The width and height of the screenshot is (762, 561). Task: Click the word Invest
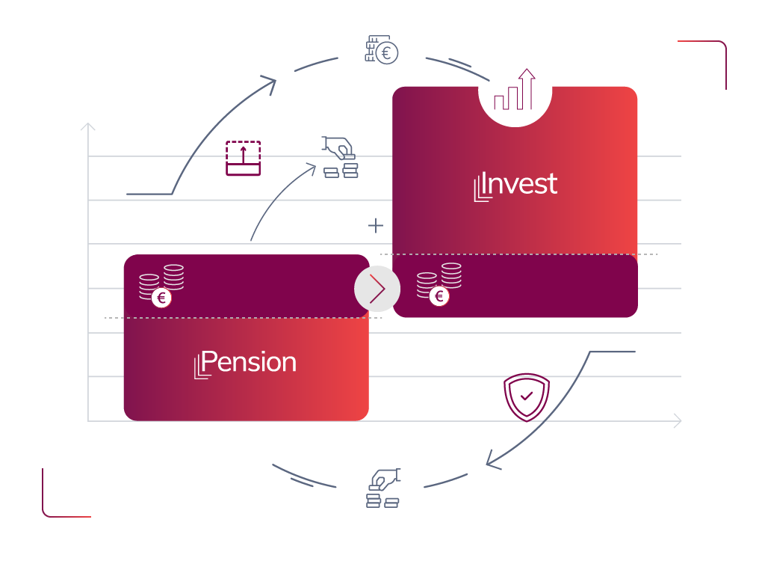(521, 184)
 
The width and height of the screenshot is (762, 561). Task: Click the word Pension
(250, 362)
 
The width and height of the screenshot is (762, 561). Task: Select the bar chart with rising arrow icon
(515, 91)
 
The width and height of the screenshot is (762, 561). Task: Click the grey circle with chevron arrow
(377, 288)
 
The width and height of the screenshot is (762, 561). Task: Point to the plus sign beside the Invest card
(376, 225)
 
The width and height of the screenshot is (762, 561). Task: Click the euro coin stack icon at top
(382, 49)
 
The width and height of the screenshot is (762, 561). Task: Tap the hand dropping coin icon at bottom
(383, 488)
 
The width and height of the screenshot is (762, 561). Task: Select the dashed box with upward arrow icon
(244, 158)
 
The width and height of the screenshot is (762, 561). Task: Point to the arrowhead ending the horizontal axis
(678, 421)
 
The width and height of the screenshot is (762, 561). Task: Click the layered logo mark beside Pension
(200, 367)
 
